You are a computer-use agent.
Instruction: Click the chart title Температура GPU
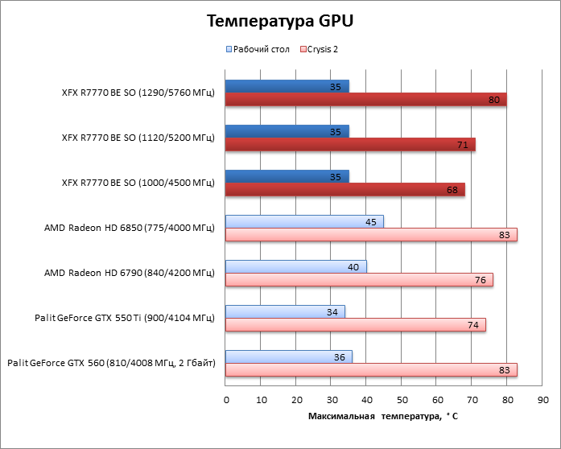[279, 21]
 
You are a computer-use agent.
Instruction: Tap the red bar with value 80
[365, 100]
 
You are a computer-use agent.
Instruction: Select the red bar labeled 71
[350, 145]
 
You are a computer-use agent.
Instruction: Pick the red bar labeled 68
[344, 190]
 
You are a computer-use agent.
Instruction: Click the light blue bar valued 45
[304, 221]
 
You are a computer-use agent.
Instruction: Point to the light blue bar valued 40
[295, 266]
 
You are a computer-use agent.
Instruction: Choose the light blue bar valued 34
[285, 311]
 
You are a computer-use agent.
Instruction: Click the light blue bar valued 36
[288, 356]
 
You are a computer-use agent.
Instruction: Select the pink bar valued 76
[359, 280]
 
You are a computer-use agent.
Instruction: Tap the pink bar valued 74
[355, 325]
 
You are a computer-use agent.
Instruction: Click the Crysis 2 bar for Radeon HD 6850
[371, 235]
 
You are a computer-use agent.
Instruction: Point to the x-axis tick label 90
[542, 400]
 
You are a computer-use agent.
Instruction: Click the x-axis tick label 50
[402, 400]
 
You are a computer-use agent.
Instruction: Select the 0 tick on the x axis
[226, 400]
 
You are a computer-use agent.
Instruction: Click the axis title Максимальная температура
[382, 416]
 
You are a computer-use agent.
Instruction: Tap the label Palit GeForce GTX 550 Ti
[125, 318]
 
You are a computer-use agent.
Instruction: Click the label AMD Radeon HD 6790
[130, 273]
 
